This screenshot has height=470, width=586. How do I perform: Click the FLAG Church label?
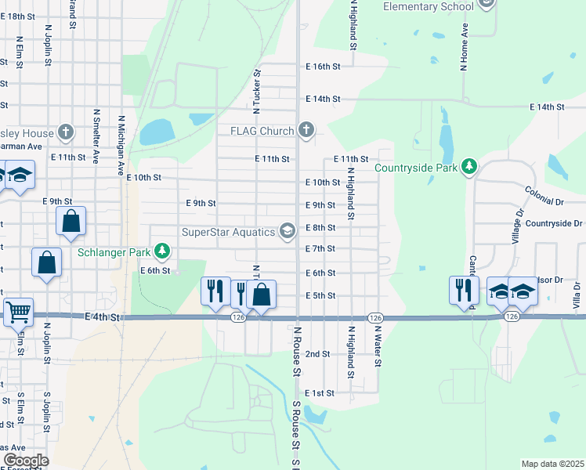[x=262, y=131]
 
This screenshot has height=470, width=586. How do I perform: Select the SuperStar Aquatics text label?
[x=228, y=231]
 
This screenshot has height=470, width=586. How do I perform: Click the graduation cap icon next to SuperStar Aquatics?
[x=288, y=230]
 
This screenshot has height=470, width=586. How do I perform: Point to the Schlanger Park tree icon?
[x=162, y=251]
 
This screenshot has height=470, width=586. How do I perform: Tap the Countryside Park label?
[x=415, y=167]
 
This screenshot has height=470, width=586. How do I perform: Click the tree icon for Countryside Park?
[x=468, y=166]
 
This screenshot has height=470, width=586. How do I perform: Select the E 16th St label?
[x=323, y=67]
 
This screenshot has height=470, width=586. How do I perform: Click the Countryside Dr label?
[x=554, y=223]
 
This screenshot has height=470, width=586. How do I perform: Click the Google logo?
[x=26, y=460]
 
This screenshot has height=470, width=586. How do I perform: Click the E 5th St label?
[x=320, y=295]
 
